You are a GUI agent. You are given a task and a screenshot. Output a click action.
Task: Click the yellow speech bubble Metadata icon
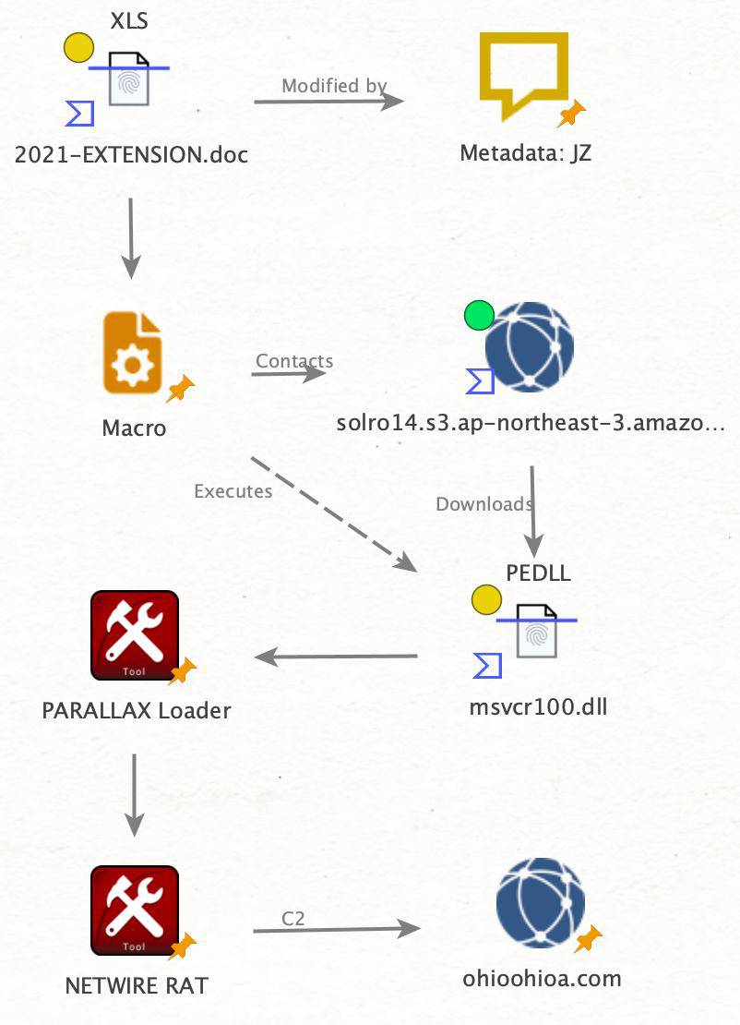pyautogui.click(x=523, y=74)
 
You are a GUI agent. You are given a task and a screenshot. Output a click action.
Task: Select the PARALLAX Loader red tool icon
pyautogui.click(x=134, y=635)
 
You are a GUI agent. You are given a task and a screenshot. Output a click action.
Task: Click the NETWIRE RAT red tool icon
pyautogui.click(x=134, y=910)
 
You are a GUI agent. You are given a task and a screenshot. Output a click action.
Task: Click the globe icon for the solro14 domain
pyautogui.click(x=530, y=346)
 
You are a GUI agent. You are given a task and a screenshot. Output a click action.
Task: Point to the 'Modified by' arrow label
pyautogui.click(x=334, y=86)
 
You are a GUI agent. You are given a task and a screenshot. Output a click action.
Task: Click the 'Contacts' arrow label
pyautogui.click(x=294, y=361)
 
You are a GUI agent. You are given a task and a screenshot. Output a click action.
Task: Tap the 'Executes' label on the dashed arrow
pyautogui.click(x=233, y=491)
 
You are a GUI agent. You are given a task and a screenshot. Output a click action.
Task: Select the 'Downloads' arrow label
pyautogui.click(x=483, y=504)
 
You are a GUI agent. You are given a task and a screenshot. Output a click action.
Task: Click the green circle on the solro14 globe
pyautogui.click(x=479, y=316)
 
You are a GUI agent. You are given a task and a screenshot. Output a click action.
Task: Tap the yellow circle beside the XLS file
pyautogui.click(x=78, y=47)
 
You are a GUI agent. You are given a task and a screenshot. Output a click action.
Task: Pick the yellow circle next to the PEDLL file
pyautogui.click(x=485, y=600)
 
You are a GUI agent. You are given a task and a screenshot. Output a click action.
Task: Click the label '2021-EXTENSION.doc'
pyautogui.click(x=132, y=154)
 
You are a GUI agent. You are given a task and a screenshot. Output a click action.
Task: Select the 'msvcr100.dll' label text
pyautogui.click(x=539, y=708)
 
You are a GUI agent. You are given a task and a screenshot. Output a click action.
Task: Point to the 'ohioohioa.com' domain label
pyautogui.click(x=542, y=978)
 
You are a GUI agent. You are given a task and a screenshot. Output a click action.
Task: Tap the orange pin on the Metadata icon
pyautogui.click(x=572, y=115)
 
